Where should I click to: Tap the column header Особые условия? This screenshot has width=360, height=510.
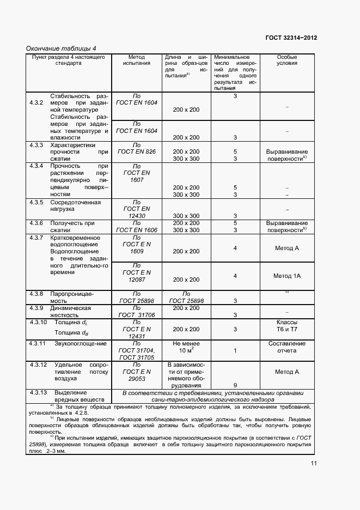point(286,60)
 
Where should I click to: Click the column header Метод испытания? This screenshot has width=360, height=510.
point(137,60)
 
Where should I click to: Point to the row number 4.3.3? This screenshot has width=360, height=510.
point(36,145)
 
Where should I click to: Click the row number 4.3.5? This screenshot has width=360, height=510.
point(36,203)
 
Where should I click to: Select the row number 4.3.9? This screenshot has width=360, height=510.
point(36,308)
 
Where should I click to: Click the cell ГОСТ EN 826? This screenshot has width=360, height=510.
point(137,152)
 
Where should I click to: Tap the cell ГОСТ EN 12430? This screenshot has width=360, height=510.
point(137,209)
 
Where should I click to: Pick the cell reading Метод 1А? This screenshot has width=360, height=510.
point(286,276)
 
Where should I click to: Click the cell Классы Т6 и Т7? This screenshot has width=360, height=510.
point(286,326)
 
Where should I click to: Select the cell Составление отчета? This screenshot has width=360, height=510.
point(286,347)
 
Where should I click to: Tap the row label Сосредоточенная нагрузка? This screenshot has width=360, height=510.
point(75,206)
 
